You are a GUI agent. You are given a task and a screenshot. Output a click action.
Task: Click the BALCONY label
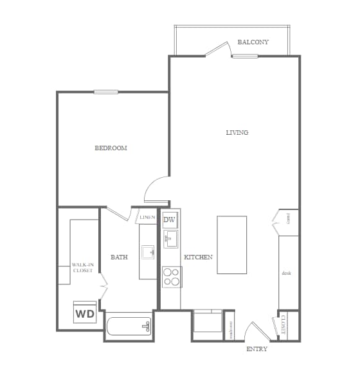pos(253,42)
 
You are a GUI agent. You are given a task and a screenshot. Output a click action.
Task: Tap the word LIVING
pos(237,133)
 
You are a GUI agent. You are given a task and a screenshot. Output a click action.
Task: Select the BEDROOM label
pos(111,148)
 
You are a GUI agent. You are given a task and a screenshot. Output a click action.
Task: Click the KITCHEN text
pos(198,257)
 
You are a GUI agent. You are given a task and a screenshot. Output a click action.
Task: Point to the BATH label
pos(119,257)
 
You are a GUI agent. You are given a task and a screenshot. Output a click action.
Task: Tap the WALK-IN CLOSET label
pos(82,268)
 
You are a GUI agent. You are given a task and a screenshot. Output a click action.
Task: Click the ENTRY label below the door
pos(256,349)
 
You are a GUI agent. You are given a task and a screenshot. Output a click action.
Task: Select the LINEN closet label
pos(147,218)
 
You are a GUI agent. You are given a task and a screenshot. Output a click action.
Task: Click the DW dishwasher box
pos(170,220)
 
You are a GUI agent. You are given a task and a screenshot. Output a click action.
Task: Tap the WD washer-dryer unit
pos(85,313)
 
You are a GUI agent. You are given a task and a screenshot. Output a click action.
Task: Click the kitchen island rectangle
pos(231,245)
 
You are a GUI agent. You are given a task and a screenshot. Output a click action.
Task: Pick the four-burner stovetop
pos(171,277)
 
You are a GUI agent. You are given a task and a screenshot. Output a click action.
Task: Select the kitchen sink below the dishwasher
pos(170,240)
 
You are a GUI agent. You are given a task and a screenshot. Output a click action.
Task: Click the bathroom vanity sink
pos(148,251)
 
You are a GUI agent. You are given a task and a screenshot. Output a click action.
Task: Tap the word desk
pos(287,273)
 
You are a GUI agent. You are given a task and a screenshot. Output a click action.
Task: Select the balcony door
pos(218,49)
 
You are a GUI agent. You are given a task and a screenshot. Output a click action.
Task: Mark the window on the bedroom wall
pos(106,92)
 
